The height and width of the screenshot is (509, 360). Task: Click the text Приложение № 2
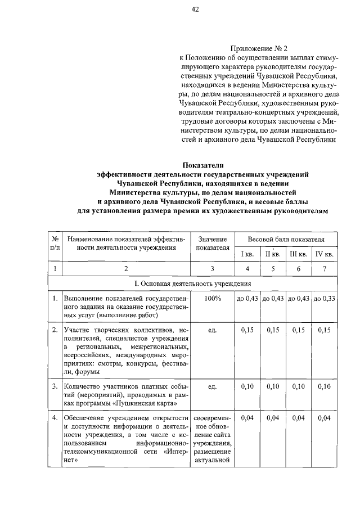[x=259, y=48]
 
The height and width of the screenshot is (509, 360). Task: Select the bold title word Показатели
[x=202, y=165]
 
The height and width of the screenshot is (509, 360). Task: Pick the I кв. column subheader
[x=247, y=254]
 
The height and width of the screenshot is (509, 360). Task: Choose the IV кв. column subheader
[x=325, y=254]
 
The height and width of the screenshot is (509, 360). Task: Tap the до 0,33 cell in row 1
[x=325, y=298]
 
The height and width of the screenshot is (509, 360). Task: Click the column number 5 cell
[x=273, y=269]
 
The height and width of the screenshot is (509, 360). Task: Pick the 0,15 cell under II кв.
[x=273, y=330]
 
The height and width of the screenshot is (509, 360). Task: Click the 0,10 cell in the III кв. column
[x=298, y=387]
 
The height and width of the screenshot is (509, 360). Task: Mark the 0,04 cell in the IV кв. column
[x=325, y=418]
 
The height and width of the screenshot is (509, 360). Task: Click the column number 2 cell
[x=126, y=269]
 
